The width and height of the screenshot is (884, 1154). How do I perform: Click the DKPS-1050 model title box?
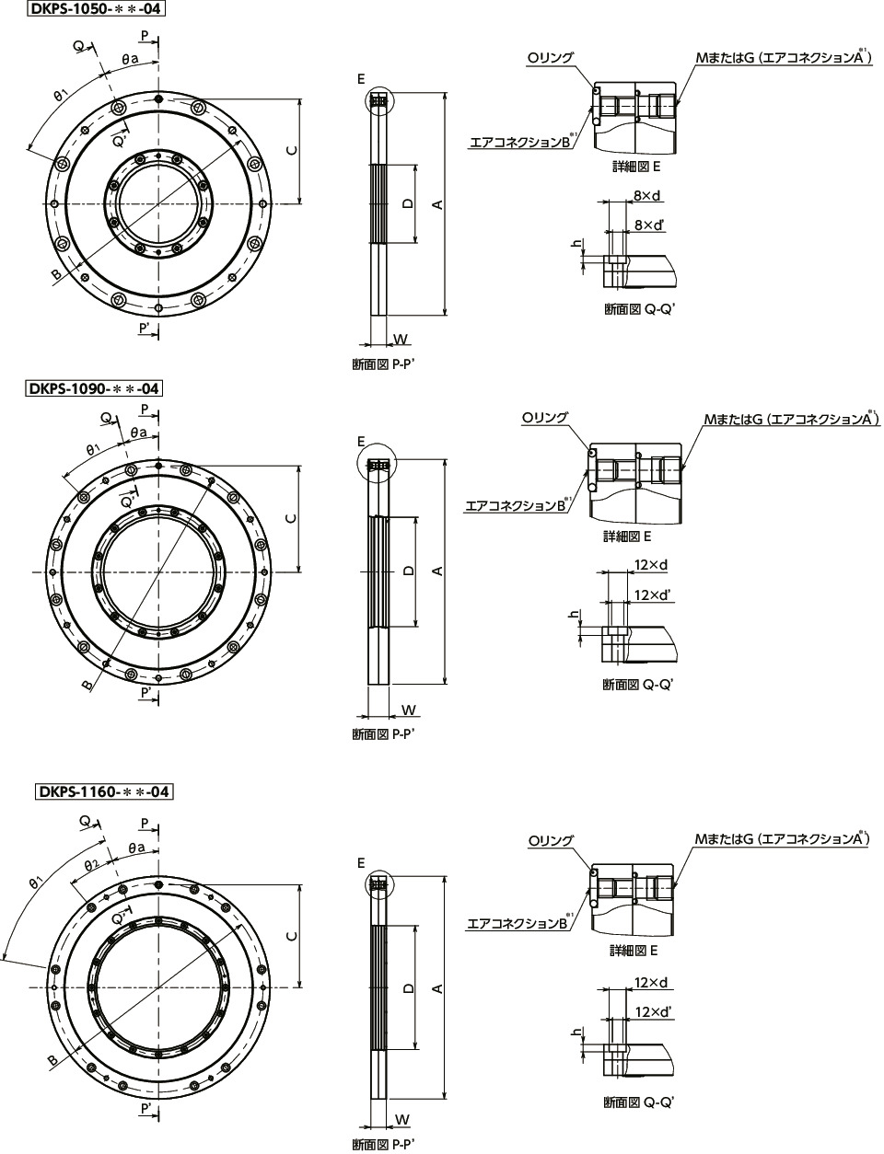coord(96,8)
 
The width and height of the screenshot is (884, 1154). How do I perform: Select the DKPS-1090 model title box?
coord(94,388)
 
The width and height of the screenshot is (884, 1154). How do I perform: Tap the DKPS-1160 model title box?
coord(104,791)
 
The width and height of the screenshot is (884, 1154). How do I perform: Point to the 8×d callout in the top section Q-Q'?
coord(646,196)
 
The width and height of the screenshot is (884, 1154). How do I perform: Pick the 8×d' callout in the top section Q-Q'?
coord(649,225)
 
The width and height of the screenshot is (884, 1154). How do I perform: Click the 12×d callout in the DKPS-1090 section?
coord(651,564)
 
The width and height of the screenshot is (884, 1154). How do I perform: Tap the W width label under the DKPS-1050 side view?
coord(401,339)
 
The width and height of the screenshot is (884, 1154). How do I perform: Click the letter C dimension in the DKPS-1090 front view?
coord(291,519)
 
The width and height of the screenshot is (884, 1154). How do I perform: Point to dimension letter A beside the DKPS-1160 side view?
coord(437,987)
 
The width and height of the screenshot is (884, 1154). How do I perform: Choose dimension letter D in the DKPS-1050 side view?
coord(407,202)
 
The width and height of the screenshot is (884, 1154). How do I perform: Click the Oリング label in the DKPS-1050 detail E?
coord(550,57)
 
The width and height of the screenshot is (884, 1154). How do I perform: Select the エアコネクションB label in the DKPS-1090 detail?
coord(517,505)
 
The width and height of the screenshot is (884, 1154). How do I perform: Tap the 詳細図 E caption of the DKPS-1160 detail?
coord(634,950)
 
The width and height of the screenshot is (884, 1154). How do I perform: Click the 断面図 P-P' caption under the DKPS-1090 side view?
coord(382,734)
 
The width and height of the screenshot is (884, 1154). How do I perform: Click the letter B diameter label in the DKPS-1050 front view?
coord(56,274)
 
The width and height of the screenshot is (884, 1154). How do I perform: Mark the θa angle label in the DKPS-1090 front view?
coord(139,433)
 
